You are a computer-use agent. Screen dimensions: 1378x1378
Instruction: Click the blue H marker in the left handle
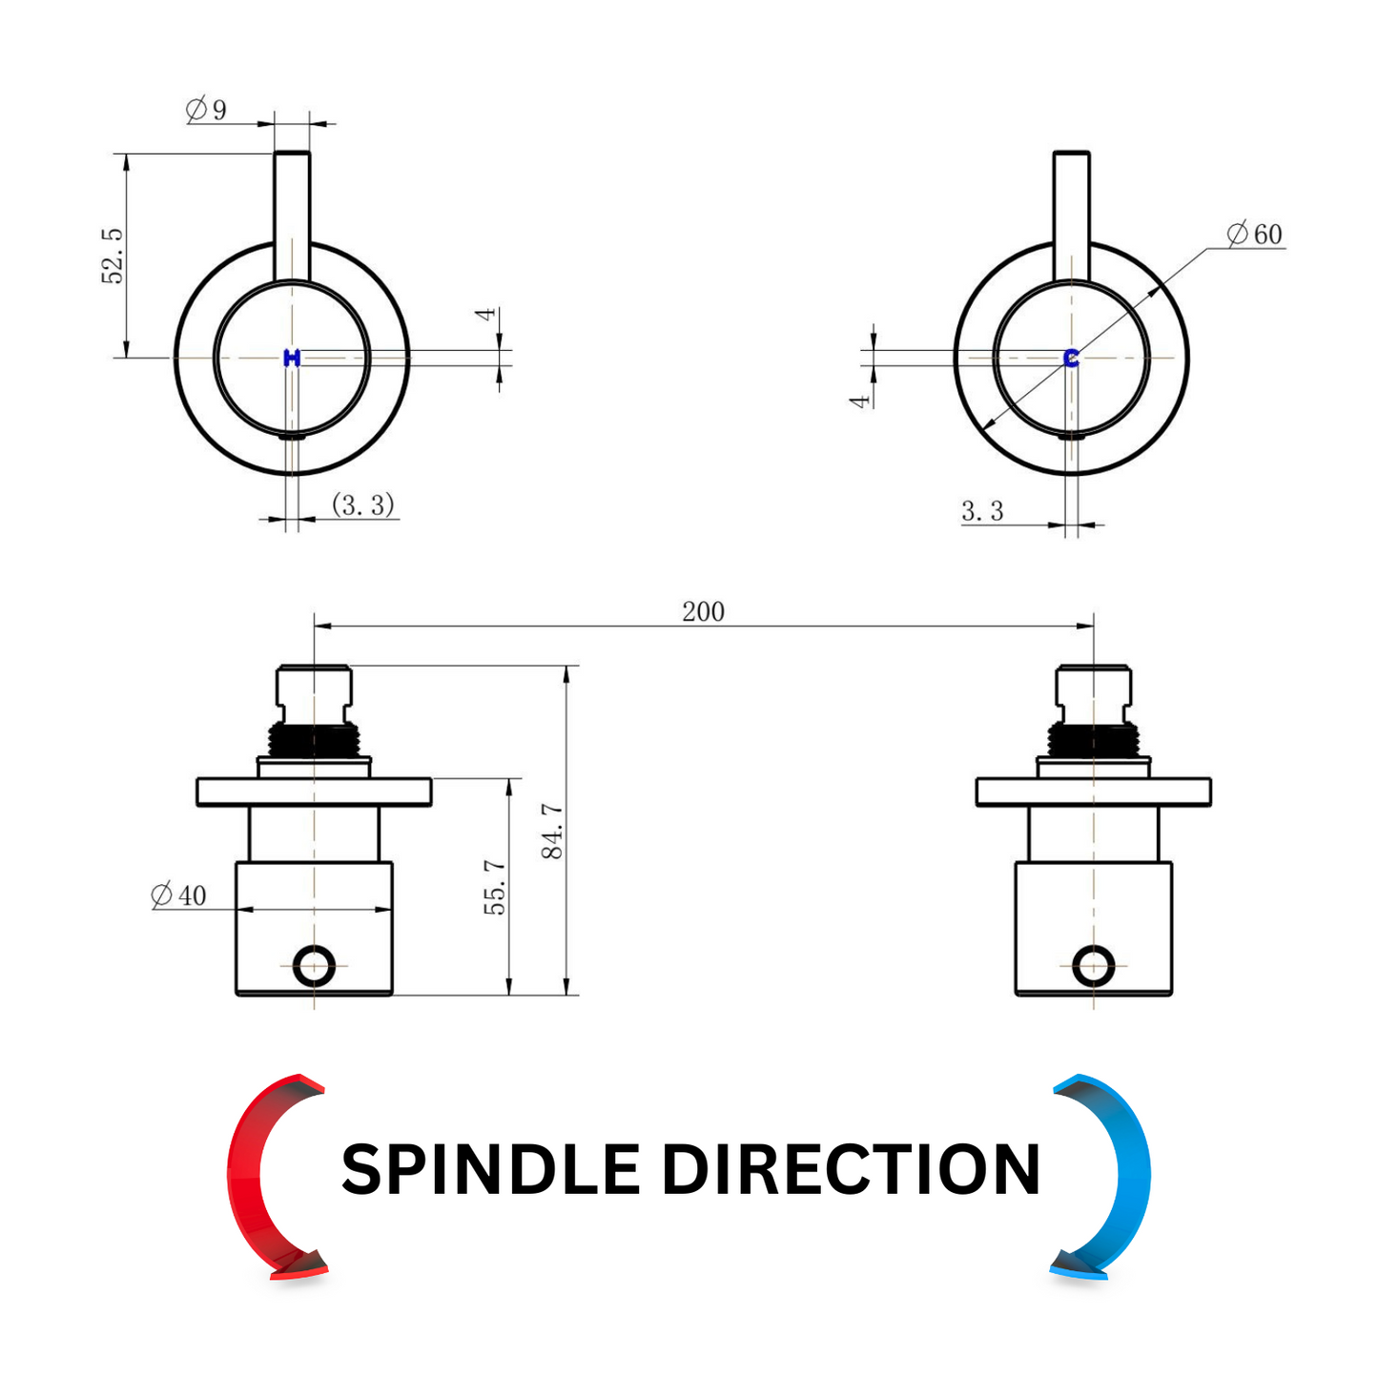(292, 359)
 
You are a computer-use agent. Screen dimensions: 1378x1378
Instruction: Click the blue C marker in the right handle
(1071, 359)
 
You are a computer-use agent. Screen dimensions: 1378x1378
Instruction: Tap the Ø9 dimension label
(207, 110)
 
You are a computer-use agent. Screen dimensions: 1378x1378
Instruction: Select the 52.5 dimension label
(113, 256)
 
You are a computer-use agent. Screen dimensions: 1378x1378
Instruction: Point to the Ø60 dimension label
(1254, 234)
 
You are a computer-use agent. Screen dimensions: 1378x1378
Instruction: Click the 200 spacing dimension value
(703, 612)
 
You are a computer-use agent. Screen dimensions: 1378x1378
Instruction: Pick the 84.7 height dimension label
(553, 831)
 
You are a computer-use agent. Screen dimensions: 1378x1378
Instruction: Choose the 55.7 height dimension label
(495, 888)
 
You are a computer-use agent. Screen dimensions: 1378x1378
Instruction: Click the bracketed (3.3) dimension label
(363, 504)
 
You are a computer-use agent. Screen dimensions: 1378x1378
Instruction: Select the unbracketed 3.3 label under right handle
(982, 510)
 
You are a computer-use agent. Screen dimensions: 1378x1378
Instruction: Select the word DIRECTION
(851, 1170)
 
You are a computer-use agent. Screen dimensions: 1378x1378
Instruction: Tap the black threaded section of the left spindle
(314, 739)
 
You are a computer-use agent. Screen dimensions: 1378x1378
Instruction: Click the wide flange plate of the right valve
(1094, 792)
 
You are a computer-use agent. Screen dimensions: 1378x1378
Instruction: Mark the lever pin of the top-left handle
(292, 216)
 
